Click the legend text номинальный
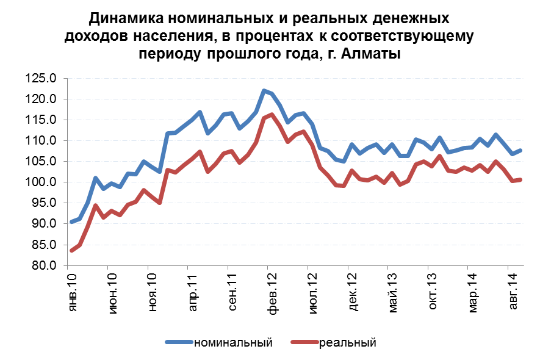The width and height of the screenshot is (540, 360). (x=232, y=342)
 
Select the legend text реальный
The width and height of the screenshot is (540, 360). (x=347, y=342)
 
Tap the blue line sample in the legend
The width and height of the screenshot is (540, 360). (x=178, y=342)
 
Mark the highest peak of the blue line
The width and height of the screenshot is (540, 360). (x=264, y=91)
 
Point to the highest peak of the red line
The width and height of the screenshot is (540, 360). (x=272, y=114)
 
